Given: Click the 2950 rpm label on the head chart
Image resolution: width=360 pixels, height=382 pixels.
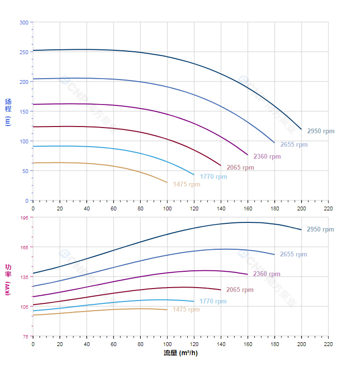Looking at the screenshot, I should coord(321,131).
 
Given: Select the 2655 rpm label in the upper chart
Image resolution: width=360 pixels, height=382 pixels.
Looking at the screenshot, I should coord(294,144).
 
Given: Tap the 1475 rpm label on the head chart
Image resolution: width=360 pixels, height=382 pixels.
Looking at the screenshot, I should coord(187,184).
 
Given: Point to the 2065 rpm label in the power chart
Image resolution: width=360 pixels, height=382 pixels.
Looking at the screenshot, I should coord(240,289).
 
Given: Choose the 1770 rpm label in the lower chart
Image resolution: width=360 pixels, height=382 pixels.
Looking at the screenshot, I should coord(213,301).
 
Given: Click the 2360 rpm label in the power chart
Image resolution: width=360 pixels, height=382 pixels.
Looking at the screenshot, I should coord(267,274).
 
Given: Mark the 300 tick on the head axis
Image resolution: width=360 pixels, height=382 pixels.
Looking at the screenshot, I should coord(23,22).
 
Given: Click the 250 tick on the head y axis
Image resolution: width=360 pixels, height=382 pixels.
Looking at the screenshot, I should coord(23,52).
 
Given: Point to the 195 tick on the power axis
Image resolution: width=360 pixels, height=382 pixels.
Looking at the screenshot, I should coord(24,217).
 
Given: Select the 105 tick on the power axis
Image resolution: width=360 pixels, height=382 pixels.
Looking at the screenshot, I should coord(24,306).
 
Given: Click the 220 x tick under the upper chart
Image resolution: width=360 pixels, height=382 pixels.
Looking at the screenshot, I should coord(328,208).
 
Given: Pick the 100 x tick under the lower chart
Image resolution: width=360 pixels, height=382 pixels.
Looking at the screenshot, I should coord(167,344).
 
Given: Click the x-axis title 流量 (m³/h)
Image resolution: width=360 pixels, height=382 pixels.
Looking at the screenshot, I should coord(180,353).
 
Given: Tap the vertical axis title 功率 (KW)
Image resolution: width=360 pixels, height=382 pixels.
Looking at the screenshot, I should coord(8,280).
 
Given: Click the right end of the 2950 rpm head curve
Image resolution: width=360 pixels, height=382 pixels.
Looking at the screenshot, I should coord(302,129).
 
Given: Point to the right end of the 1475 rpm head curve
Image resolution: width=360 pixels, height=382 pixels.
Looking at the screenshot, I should coord(167,183).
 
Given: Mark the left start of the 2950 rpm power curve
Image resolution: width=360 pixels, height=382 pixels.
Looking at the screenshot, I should coord(33,273).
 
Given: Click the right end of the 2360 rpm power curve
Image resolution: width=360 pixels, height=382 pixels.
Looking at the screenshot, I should coord(247,274).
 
